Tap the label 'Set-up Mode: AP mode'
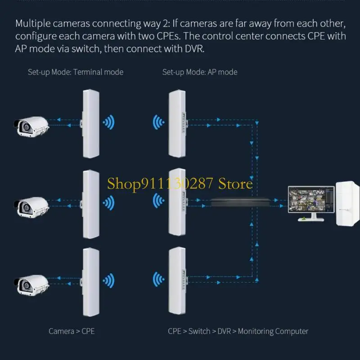tap(200, 72)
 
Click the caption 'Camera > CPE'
tap(72, 331)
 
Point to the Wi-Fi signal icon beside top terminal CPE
tap(108, 122)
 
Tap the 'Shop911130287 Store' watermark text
tap(180, 184)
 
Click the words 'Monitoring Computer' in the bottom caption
tap(273, 331)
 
